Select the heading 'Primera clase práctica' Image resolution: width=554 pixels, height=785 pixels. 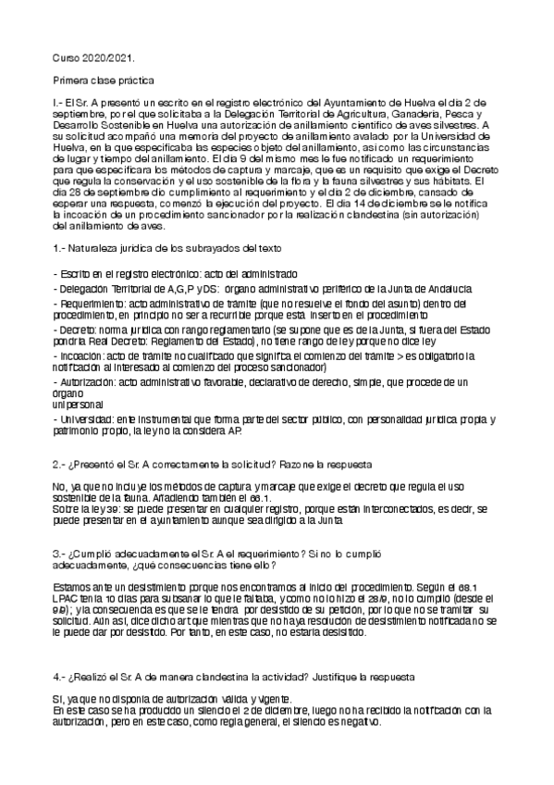(104, 81)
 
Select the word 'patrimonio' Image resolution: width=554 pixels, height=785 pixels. (77, 431)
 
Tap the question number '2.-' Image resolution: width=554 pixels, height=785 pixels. (60, 463)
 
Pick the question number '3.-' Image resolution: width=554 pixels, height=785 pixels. (60, 553)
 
